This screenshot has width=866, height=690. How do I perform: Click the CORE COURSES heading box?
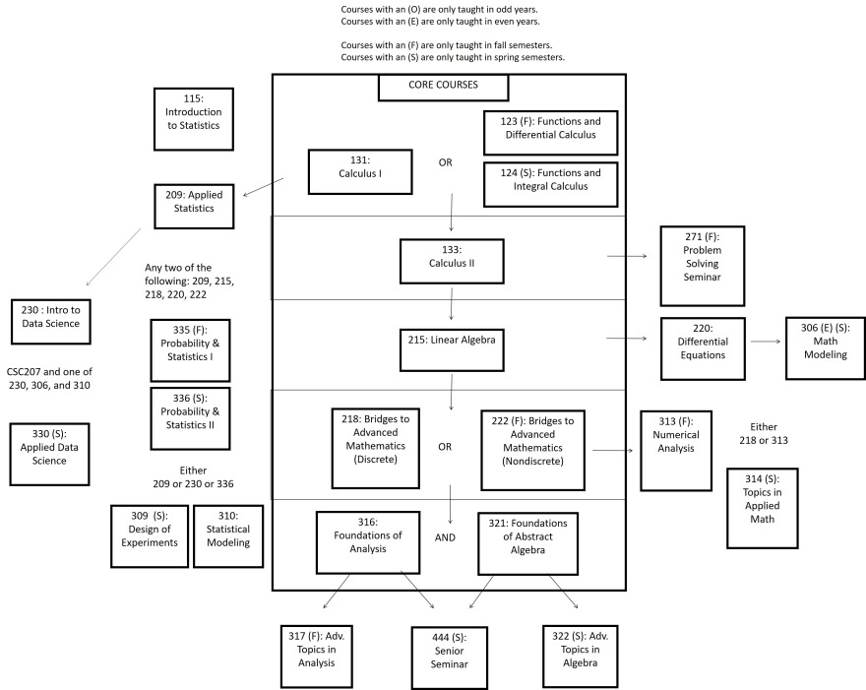pyautogui.click(x=443, y=86)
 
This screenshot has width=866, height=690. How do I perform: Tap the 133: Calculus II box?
pyautogui.click(x=451, y=260)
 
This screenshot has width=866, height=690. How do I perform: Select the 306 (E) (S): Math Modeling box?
pyautogui.click(x=825, y=346)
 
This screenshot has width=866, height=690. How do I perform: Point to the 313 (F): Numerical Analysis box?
pyautogui.click(x=676, y=450)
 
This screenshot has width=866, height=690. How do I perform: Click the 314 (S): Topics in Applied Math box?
pyautogui.click(x=762, y=508)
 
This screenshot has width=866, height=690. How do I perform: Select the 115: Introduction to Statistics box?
pyautogui.click(x=193, y=118)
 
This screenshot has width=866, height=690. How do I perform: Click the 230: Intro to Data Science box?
pyautogui.click(x=50, y=322)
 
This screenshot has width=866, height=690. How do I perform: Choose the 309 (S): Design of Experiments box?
pyautogui.click(x=147, y=535)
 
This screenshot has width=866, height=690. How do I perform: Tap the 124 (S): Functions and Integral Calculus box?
pyautogui.click(x=551, y=185)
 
